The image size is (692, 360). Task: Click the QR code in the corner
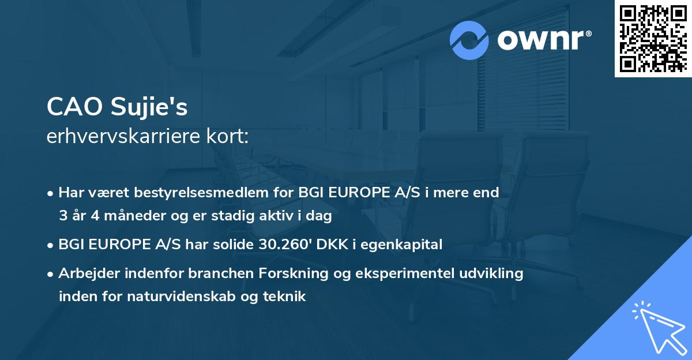(653, 39)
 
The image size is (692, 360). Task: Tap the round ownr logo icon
(470, 40)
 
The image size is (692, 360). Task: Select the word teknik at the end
(286, 297)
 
